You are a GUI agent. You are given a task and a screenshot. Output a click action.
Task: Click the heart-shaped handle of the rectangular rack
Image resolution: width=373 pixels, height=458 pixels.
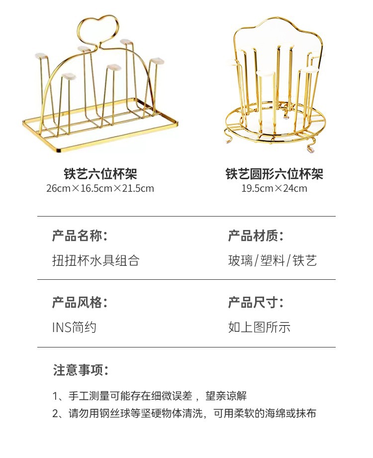(x=100, y=30)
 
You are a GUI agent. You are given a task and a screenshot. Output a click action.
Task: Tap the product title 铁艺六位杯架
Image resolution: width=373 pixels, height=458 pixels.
(x=100, y=174)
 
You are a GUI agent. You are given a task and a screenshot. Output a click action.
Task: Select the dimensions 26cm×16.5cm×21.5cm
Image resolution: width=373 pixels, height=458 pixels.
(x=100, y=189)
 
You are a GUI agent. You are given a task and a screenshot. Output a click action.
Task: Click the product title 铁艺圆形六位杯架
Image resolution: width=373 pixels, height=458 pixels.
(x=275, y=174)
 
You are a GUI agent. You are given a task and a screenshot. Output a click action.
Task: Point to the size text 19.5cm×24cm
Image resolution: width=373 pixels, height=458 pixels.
(x=275, y=189)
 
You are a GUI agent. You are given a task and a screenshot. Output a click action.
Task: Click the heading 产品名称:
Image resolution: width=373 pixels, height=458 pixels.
(x=80, y=236)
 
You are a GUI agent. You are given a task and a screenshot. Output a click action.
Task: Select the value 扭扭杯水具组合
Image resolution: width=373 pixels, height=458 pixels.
(x=95, y=260)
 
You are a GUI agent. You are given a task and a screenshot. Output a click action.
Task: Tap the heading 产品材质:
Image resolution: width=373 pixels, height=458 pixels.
(x=256, y=236)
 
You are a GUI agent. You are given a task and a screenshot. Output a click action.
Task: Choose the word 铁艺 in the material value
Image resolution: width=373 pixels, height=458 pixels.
(x=304, y=260)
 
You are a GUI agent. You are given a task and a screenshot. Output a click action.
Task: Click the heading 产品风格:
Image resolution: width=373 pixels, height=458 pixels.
(x=80, y=302)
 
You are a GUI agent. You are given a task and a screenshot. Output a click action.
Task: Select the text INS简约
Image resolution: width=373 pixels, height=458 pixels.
(x=74, y=327)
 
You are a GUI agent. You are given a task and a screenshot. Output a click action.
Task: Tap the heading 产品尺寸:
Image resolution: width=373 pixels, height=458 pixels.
(x=256, y=302)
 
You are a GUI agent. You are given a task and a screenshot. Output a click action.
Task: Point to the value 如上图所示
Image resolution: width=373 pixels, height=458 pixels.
(x=259, y=327)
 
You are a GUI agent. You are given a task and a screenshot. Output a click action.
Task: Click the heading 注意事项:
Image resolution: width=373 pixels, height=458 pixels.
(x=81, y=370)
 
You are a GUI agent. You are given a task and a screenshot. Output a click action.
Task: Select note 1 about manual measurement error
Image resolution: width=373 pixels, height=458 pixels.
(x=149, y=396)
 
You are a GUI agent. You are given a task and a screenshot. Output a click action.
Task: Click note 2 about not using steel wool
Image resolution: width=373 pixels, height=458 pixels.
(x=184, y=414)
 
